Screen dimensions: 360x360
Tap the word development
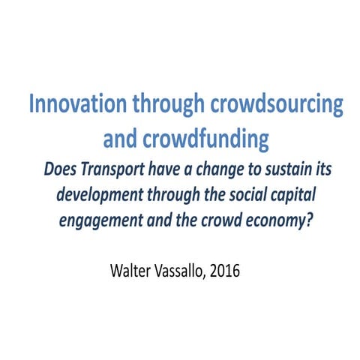pyautogui.click(x=98, y=193)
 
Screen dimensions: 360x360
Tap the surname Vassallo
pyautogui.click(x=182, y=270)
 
